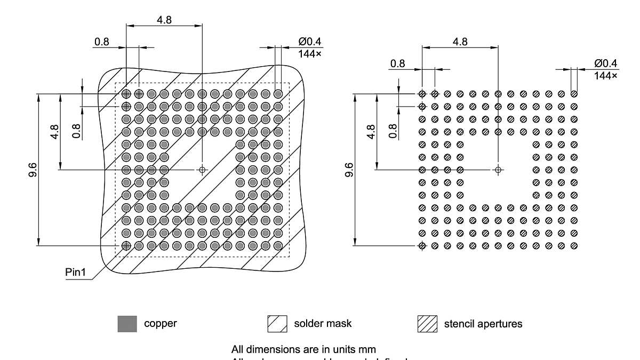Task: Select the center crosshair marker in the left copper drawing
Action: [202, 170]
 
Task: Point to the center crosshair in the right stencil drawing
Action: [498, 170]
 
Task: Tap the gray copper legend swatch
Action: [127, 324]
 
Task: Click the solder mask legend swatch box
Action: [277, 324]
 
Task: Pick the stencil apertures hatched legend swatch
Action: [427, 324]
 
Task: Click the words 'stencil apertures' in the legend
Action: [483, 324]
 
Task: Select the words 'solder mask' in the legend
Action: [323, 323]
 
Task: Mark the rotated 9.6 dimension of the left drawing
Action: [33, 170]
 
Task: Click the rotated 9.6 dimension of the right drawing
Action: [349, 170]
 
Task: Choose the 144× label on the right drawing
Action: [606, 76]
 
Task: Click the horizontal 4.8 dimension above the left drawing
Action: [164, 19]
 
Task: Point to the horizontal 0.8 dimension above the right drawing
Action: [397, 64]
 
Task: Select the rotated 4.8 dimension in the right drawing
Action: [371, 131]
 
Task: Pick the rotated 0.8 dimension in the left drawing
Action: [76, 131]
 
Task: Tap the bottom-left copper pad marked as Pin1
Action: [126, 246]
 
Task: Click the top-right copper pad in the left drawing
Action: [278, 94]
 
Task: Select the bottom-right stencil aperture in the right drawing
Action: [574, 246]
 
